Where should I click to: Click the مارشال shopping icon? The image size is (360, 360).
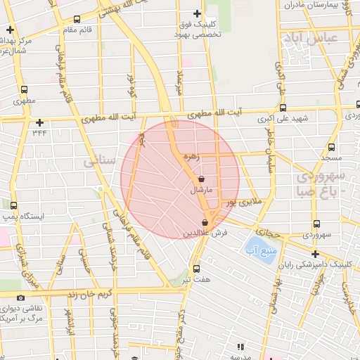click(202, 179)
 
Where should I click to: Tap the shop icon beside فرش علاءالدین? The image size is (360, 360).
click(205, 221)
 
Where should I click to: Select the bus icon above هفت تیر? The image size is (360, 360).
click(195, 268)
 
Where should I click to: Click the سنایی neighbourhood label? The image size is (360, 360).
click(98, 161)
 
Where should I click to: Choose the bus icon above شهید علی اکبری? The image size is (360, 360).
click(283, 108)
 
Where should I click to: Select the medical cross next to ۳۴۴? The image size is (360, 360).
click(39, 122)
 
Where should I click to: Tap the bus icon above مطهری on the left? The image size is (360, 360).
click(25, 90)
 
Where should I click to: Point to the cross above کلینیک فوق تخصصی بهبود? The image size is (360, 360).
click(197, 14)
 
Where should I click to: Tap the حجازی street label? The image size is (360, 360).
click(268, 231)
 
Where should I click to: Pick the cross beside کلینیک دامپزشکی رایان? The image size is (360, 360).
click(314, 253)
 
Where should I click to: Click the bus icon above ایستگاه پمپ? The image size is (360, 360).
click(15, 205)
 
